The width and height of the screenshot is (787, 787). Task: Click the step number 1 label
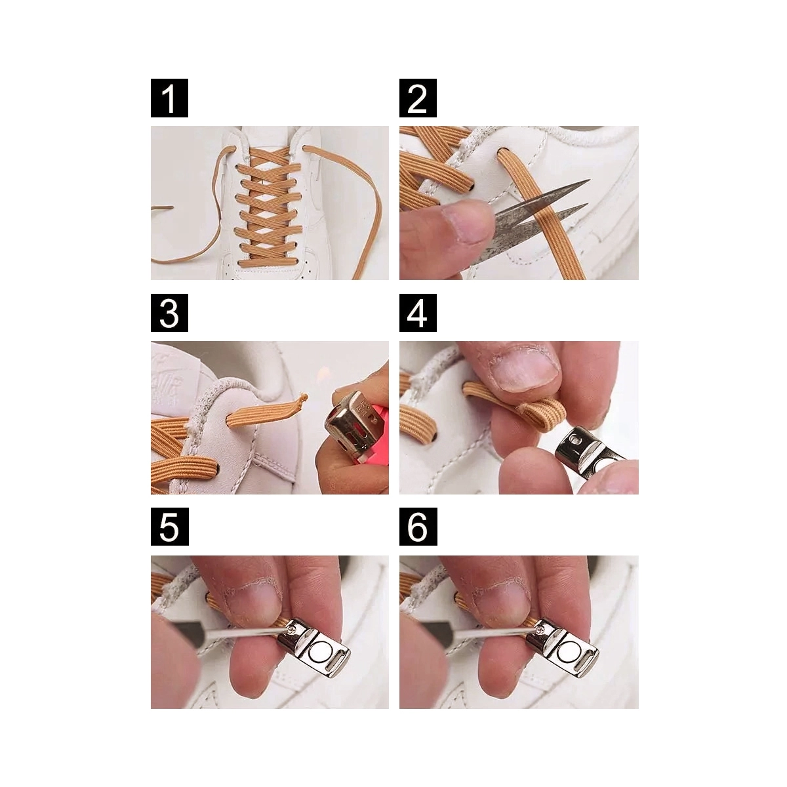click(169, 98)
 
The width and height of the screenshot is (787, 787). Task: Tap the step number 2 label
click(418, 98)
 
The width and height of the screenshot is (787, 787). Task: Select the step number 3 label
click(169, 312)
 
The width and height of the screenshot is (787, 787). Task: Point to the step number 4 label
click(418, 312)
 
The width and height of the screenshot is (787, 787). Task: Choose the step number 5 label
click(169, 527)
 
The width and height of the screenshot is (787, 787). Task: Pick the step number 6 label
click(418, 527)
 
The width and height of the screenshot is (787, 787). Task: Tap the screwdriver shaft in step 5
click(229, 637)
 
